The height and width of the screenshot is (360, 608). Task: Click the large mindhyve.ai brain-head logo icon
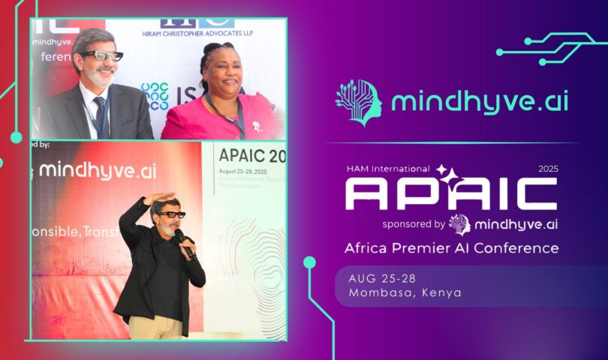pyautogui.click(x=359, y=100)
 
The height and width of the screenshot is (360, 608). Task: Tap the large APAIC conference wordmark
pyautogui.click(x=450, y=193)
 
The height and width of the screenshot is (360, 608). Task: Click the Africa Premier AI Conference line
pyautogui.click(x=450, y=248)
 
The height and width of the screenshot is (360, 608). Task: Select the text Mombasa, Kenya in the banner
pyautogui.click(x=405, y=292)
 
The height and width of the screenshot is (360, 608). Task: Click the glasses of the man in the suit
pyautogui.click(x=103, y=56)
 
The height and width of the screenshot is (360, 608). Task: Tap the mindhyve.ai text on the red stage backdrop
pyautogui.click(x=98, y=169)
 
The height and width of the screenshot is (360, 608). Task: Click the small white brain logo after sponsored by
pyautogui.click(x=459, y=224)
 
